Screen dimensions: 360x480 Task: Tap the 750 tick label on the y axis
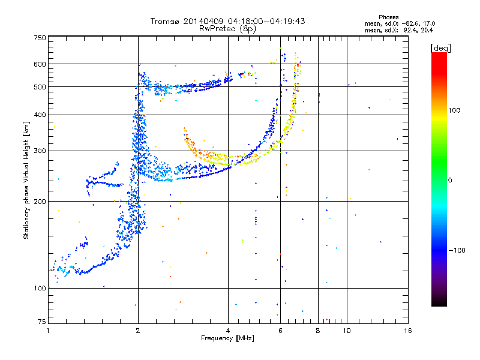(40, 37)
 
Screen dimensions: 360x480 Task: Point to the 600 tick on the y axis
(40, 64)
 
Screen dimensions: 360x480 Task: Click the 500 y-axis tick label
(40, 86)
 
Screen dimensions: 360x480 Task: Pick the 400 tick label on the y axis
(40, 115)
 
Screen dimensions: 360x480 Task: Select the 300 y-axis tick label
(40, 151)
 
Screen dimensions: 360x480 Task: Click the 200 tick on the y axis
(40, 202)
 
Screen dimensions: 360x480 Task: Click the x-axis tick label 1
(49, 331)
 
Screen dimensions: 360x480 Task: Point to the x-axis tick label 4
(228, 331)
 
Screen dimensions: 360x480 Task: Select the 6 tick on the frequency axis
(280, 331)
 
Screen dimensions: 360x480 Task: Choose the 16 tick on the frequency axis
(407, 331)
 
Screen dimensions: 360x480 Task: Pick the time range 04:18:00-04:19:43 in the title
(265, 21)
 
